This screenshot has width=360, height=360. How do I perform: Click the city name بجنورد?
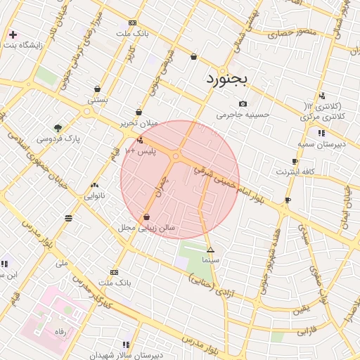[x=227, y=79]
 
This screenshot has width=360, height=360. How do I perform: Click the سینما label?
[x=210, y=259]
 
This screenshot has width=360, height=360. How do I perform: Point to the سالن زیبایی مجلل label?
[x=147, y=228]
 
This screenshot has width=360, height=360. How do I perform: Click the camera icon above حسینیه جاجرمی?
[x=243, y=103]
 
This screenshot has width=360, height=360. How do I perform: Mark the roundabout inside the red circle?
[x=179, y=155]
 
